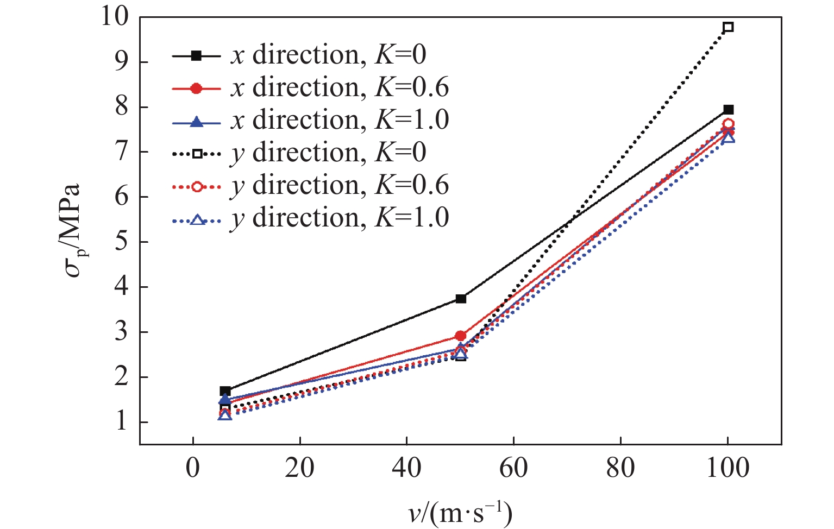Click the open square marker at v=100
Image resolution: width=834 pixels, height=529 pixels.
click(x=728, y=27)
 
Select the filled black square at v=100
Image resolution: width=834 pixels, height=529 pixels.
click(x=728, y=110)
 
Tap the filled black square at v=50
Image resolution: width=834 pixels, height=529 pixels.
click(x=461, y=299)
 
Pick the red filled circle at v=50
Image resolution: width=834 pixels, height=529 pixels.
click(x=461, y=336)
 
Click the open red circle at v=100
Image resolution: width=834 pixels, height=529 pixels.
click(x=728, y=124)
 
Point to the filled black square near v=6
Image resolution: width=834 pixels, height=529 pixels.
click(x=225, y=391)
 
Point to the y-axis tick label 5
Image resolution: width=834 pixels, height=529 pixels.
click(x=122, y=242)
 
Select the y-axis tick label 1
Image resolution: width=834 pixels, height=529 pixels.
click(x=122, y=422)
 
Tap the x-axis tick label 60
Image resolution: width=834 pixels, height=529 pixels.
click(x=513, y=468)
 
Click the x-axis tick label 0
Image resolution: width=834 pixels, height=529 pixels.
click(x=193, y=468)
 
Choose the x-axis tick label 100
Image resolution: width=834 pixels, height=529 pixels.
click(x=728, y=468)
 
